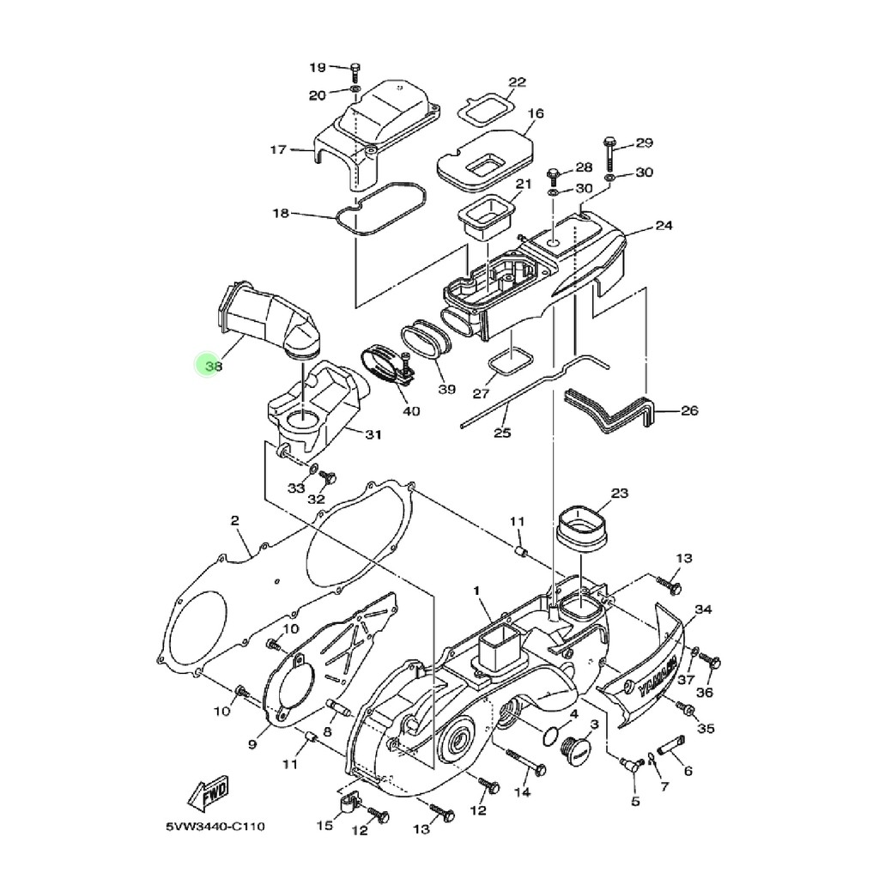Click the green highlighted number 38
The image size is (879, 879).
pyautogui.click(x=214, y=366)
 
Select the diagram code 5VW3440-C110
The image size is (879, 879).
pyautogui.click(x=215, y=827)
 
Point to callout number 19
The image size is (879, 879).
pyautogui.click(x=318, y=67)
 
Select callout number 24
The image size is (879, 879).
pyautogui.click(x=664, y=226)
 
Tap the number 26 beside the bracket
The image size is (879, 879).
pyautogui.click(x=689, y=410)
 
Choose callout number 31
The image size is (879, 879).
pyautogui.click(x=373, y=434)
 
